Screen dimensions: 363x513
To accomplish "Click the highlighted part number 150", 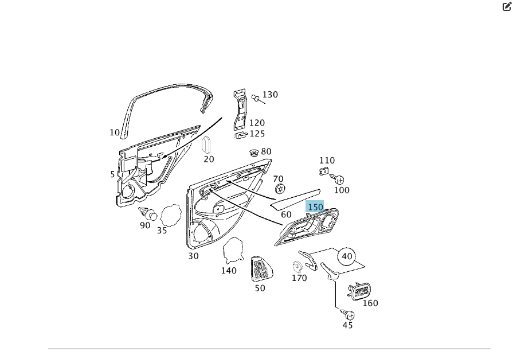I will (x=315, y=207).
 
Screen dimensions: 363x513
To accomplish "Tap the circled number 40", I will (x=347, y=256).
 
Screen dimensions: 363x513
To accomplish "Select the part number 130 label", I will (x=270, y=95).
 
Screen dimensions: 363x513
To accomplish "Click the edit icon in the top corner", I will (x=507, y=7).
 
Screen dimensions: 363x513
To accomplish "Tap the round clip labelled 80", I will (x=253, y=153).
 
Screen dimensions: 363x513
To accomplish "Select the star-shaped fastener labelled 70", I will (x=279, y=189).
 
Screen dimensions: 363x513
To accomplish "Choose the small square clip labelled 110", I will (x=323, y=171).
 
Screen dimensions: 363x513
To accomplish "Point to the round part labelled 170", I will (x=298, y=267).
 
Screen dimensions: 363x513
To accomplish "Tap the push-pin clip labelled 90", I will (x=150, y=214).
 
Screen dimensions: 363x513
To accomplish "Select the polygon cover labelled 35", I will (x=171, y=216).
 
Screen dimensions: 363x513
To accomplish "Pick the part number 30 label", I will (x=193, y=256).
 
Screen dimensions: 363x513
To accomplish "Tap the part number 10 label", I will (x=115, y=132).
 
